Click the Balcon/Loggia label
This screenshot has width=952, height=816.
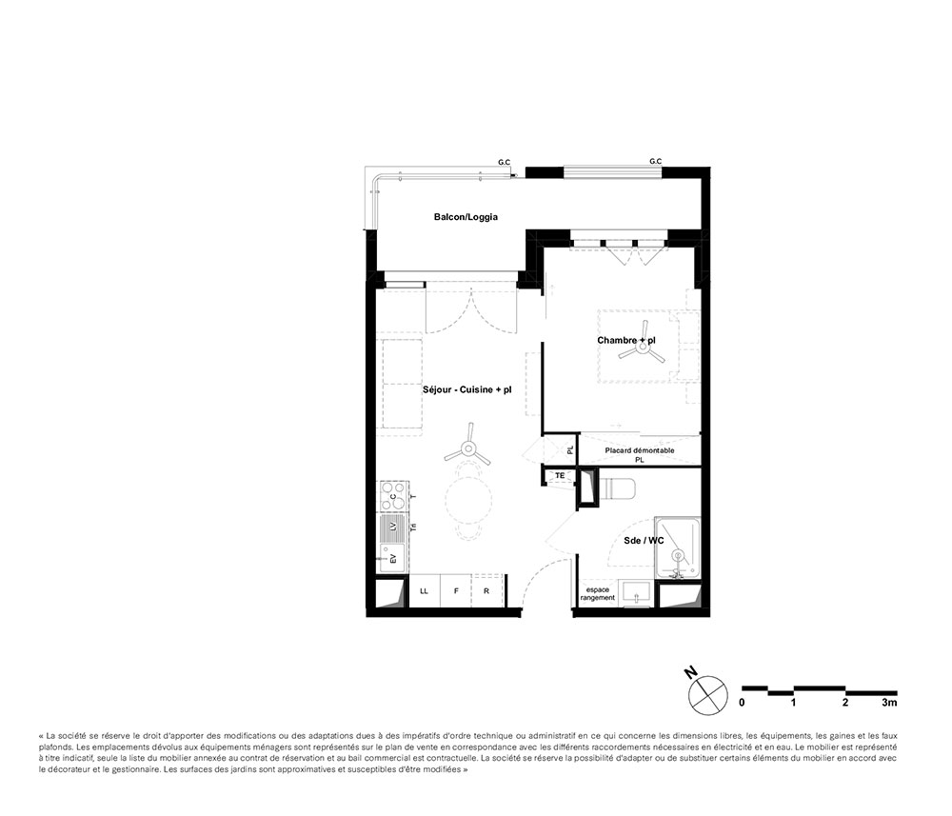(x=466, y=217)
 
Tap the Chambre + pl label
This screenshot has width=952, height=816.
(x=626, y=340)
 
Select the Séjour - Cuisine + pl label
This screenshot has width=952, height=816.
(x=466, y=389)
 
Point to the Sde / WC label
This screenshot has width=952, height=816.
(x=644, y=541)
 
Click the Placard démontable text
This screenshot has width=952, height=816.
(x=640, y=450)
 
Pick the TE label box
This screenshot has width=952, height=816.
(x=560, y=476)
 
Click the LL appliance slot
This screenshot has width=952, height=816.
(x=425, y=590)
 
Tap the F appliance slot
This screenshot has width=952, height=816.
(x=456, y=590)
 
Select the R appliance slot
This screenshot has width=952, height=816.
(x=486, y=590)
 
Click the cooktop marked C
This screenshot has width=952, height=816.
(x=393, y=496)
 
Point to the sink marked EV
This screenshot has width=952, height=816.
(x=392, y=558)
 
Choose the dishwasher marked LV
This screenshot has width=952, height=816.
(x=393, y=527)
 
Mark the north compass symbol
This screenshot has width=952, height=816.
(x=707, y=694)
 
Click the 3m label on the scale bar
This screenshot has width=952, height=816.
(x=889, y=703)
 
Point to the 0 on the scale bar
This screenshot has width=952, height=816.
(x=742, y=703)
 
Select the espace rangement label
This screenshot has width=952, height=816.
(x=598, y=594)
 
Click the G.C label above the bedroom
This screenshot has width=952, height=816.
(x=656, y=162)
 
